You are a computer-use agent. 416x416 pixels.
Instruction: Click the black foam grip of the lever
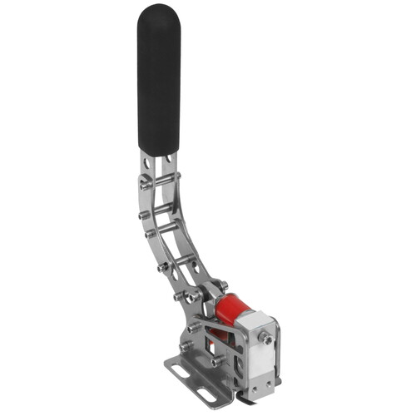[159, 83]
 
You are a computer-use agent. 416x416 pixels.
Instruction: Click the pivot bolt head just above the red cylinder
[221, 286]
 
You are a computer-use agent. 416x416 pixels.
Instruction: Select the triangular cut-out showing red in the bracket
[218, 333]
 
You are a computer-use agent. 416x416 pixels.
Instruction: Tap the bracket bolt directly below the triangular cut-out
[216, 360]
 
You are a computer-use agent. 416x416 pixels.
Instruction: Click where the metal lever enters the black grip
[159, 154]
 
